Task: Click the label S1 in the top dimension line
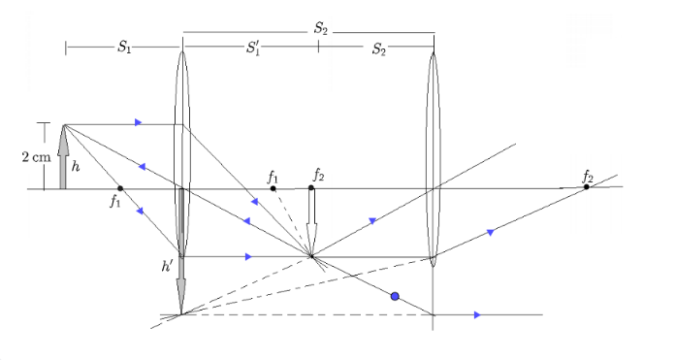pyautogui.click(x=124, y=47)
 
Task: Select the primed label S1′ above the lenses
pyautogui.click(x=253, y=48)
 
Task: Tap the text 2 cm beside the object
pyautogui.click(x=36, y=157)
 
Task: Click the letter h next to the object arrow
pyautogui.click(x=76, y=167)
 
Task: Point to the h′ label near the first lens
pyautogui.click(x=167, y=267)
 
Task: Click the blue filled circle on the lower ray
pyautogui.click(x=395, y=296)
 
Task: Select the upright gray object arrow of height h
pyautogui.click(x=63, y=157)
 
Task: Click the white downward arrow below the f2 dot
pyautogui.click(x=311, y=222)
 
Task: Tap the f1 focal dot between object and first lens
pyautogui.click(x=120, y=188)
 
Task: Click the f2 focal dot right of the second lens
pyautogui.click(x=587, y=187)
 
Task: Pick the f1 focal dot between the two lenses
pyautogui.click(x=273, y=188)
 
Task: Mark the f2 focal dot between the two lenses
pyautogui.click(x=311, y=187)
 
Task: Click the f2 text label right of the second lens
pyautogui.click(x=588, y=177)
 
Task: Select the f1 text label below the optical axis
pyautogui.click(x=114, y=201)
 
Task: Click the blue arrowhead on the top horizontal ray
pyautogui.click(x=138, y=122)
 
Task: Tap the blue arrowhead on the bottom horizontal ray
pyautogui.click(x=477, y=315)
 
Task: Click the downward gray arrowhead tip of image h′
pyautogui.click(x=181, y=313)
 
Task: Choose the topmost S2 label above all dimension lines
pyautogui.click(x=320, y=29)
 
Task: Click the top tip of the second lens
pyautogui.click(x=434, y=52)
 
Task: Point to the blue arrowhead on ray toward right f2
pyautogui.click(x=490, y=233)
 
